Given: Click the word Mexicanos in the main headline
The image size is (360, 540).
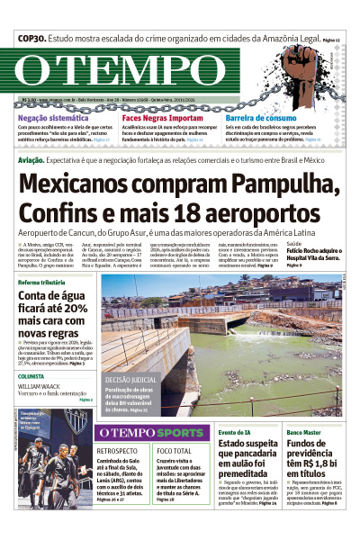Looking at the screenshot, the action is (x=91, y=185).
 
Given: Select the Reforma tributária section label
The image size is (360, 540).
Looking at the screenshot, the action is (x=48, y=283).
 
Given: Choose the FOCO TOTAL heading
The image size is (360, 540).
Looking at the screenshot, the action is (x=174, y=450).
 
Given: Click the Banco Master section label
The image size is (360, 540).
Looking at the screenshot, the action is (x=306, y=433).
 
